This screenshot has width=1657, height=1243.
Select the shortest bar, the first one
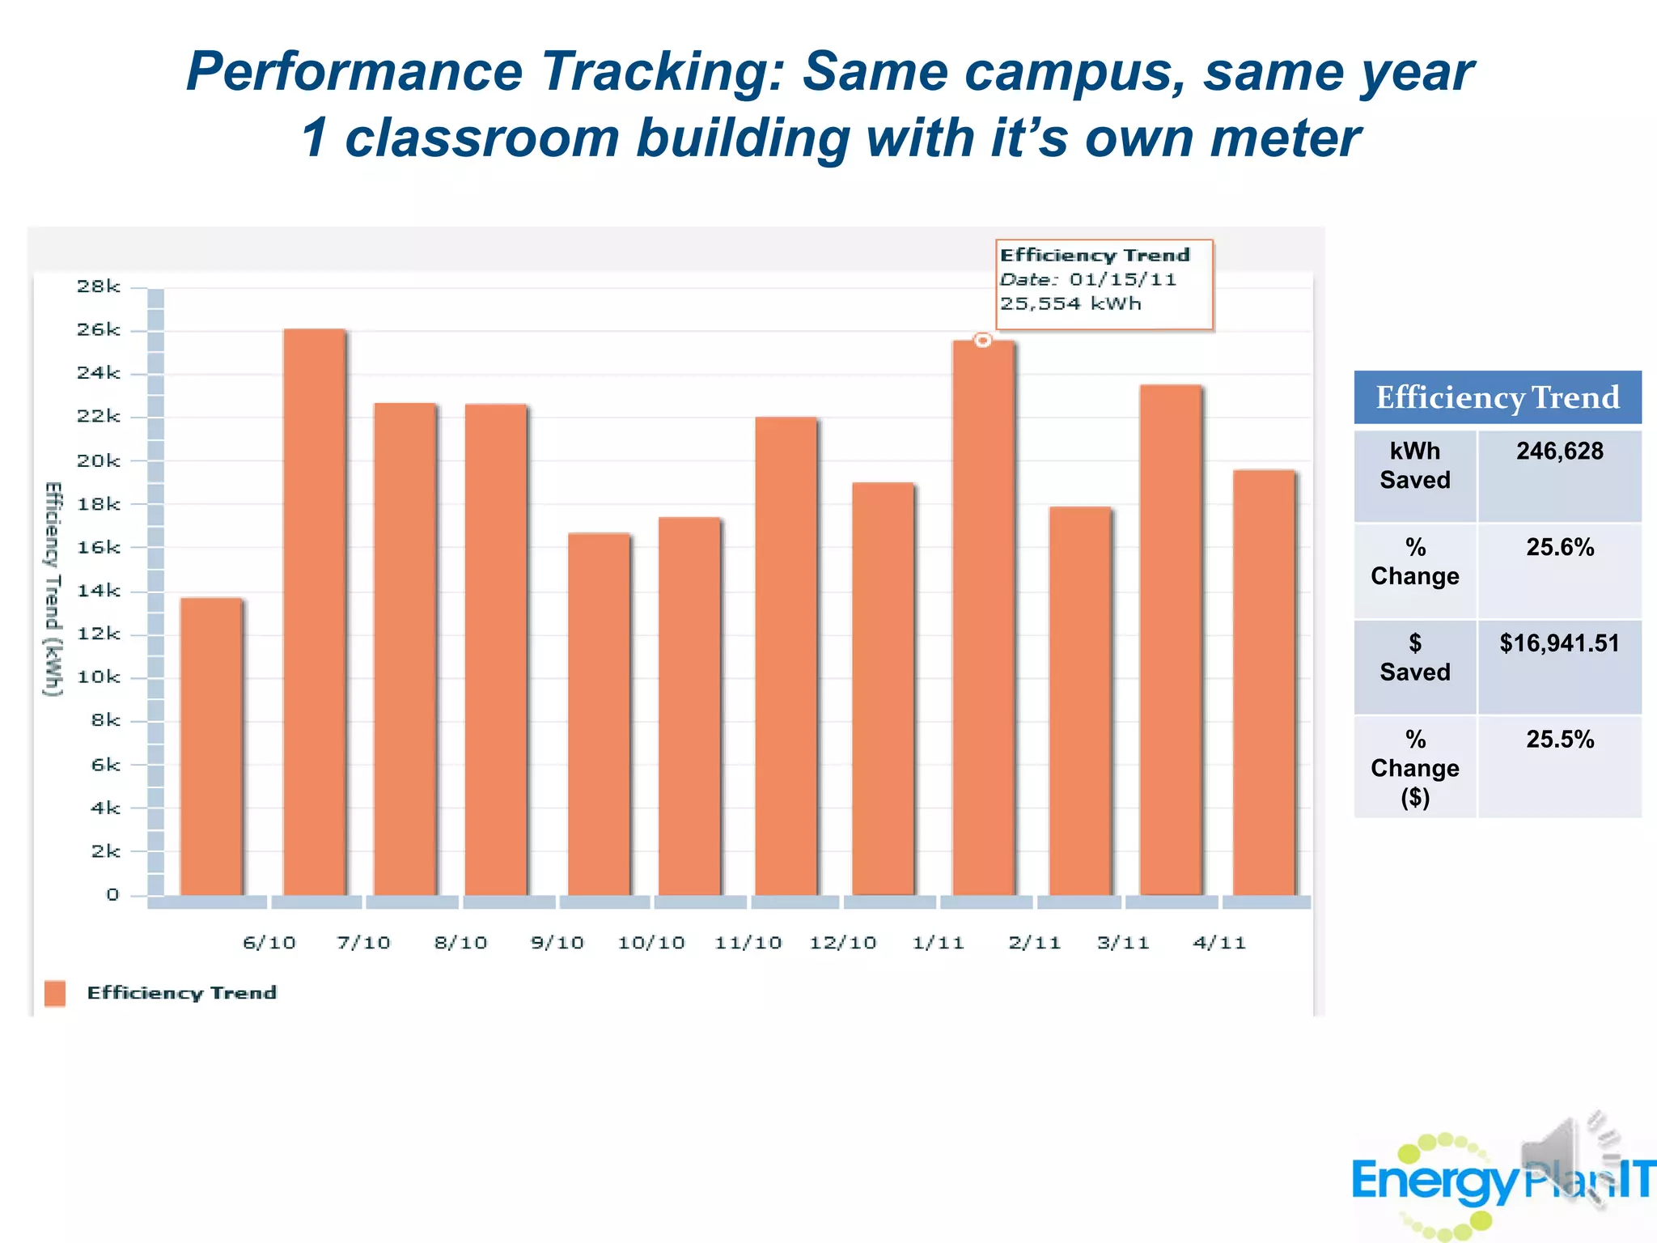(211, 745)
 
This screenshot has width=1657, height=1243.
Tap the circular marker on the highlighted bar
(982, 341)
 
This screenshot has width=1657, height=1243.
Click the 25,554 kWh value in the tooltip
(1070, 304)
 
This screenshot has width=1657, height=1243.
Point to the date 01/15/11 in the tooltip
(1122, 280)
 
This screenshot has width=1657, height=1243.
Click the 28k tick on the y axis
(99, 286)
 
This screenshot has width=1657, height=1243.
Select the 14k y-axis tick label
(99, 591)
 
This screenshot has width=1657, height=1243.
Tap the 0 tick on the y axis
(112, 895)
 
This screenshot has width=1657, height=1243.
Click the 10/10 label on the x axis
(651, 943)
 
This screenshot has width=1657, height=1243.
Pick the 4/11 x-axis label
(1219, 943)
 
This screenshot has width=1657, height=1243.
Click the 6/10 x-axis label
(269, 943)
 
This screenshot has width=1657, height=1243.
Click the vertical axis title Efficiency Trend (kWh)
(53, 588)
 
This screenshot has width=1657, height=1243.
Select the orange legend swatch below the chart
(55, 993)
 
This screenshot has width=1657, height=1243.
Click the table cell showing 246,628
(1559, 452)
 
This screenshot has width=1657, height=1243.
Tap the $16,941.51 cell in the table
(1559, 644)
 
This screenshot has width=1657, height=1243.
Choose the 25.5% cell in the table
(1559, 740)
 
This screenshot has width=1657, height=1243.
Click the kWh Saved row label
(1414, 465)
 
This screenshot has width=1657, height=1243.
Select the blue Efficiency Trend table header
(1497, 397)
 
